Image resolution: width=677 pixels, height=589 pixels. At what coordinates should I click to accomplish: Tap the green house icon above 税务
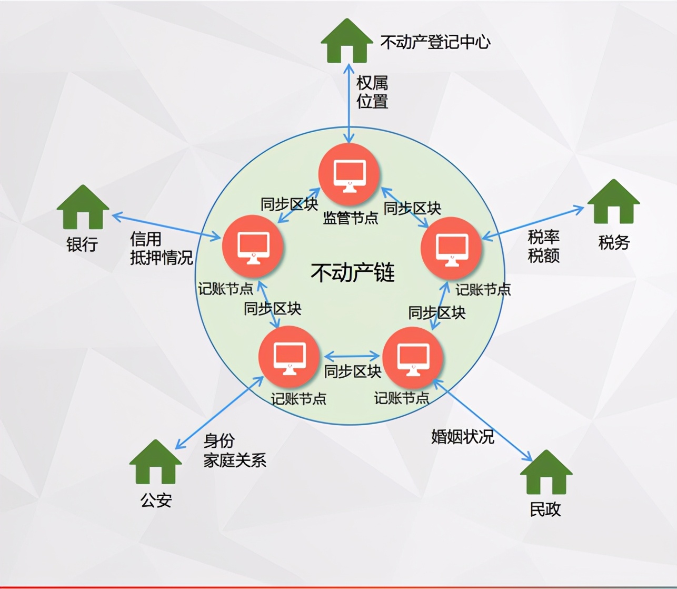tap(613, 202)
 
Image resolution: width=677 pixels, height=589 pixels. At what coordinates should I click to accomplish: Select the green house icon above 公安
tap(155, 462)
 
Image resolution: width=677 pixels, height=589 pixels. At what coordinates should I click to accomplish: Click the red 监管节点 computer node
tap(350, 175)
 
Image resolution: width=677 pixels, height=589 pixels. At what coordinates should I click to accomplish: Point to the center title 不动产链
tap(352, 272)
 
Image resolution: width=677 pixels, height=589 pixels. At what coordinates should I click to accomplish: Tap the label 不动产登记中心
tap(435, 42)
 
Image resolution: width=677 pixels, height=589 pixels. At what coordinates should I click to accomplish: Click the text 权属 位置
tap(372, 92)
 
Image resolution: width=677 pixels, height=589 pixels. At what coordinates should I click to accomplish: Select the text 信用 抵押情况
tap(161, 248)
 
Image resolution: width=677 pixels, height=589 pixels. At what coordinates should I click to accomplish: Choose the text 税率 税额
tap(543, 246)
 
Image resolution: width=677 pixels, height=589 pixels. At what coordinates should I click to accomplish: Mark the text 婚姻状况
tap(462, 436)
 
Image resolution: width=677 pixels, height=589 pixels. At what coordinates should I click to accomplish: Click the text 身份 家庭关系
tap(234, 450)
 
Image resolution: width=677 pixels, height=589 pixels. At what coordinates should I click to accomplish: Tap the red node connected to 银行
tap(253, 247)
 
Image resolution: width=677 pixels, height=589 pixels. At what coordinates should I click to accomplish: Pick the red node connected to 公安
tap(289, 357)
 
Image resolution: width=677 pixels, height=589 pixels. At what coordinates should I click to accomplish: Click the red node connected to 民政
tap(413, 358)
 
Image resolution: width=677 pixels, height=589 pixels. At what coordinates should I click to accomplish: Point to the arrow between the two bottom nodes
tap(352, 356)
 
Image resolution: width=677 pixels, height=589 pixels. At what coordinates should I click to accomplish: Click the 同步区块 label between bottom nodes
tap(352, 371)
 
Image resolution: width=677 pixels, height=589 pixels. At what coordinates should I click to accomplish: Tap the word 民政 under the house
tap(545, 509)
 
